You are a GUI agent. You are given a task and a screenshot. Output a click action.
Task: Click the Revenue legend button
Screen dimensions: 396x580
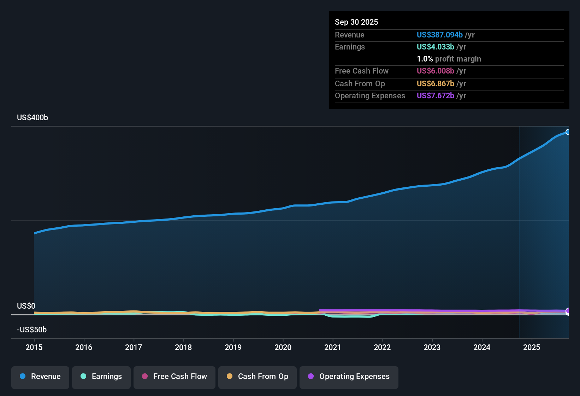coord(40,377)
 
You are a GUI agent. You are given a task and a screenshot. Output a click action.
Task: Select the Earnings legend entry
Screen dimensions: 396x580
coord(101,377)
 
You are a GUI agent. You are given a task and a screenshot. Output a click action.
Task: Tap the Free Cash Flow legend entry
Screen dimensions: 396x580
coord(174,377)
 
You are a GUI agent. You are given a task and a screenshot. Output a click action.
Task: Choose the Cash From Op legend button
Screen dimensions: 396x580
coord(258,377)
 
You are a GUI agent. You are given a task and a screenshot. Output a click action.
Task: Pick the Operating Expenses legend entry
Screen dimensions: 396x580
coord(349,377)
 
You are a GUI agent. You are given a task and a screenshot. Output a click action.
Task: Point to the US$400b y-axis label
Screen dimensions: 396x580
coord(32,118)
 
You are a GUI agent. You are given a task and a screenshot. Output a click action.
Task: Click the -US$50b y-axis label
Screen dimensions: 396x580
coord(32,330)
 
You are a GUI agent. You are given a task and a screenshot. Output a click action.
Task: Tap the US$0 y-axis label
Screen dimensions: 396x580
coord(26,306)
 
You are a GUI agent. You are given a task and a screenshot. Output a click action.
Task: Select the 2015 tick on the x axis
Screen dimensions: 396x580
coord(34,348)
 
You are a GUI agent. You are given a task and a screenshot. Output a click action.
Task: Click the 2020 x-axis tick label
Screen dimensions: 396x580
coord(283,348)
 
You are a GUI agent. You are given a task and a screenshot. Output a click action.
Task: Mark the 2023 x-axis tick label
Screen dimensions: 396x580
coord(432,348)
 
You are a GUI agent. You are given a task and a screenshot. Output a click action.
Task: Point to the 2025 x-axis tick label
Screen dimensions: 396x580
coord(532,348)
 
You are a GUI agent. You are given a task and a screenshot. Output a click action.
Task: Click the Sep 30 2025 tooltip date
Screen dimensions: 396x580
coord(356,22)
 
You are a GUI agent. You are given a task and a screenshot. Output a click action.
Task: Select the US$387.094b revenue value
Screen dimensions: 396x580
coord(439,35)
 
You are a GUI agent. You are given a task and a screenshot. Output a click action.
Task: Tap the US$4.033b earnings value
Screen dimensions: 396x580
coord(435,47)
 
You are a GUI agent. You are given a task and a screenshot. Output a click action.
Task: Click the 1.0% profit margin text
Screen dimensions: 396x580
coord(449,59)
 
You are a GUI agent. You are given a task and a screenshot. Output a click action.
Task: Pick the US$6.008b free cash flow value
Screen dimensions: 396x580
coord(435,71)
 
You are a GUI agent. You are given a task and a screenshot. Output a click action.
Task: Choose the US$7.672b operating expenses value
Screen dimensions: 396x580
coord(435,96)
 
